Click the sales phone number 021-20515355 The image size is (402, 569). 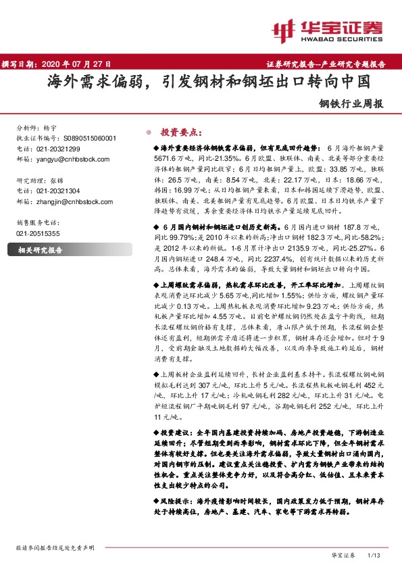click(x=37, y=233)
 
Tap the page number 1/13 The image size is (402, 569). click(x=374, y=554)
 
